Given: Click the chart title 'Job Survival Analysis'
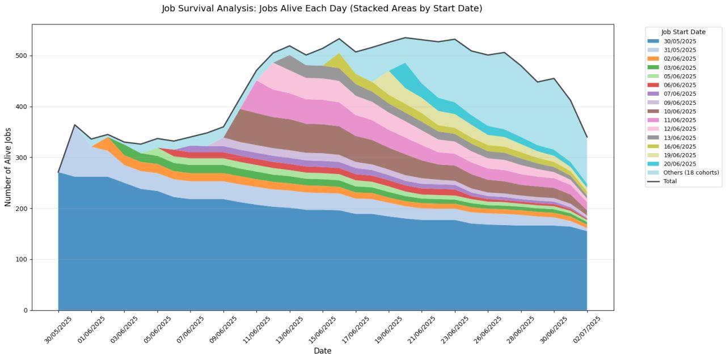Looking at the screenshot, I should [x=322, y=9].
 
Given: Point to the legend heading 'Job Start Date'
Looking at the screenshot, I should [x=683, y=32].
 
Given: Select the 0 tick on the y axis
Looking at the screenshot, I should [x=25, y=311].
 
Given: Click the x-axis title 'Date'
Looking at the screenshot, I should [x=322, y=351].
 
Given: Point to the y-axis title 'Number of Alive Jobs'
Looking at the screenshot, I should [x=9, y=167].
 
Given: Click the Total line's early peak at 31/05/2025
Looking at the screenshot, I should [x=75, y=125].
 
